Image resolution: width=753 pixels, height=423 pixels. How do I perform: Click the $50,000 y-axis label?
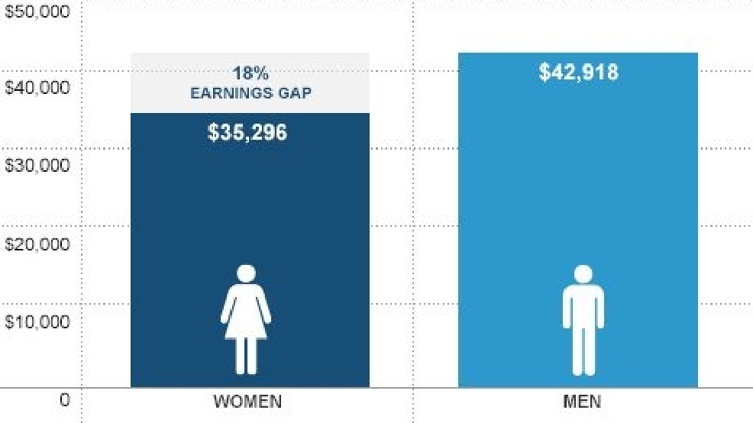pos(37,11)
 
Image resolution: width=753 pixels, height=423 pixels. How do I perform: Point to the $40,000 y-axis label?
pos(37,87)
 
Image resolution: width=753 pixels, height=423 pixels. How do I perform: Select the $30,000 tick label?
pos(37,165)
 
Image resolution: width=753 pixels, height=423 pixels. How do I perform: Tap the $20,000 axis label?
pos(37,244)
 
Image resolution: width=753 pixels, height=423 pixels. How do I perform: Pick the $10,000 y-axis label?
pos(37,321)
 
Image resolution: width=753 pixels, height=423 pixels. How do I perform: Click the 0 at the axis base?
pos(64,400)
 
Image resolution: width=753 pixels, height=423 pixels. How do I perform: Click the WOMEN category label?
pos(247,402)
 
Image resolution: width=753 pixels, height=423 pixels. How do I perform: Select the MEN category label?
pos(582,402)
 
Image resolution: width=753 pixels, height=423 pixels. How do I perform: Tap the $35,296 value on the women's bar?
pos(247,133)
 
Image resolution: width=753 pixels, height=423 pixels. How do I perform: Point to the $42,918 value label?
pos(579,72)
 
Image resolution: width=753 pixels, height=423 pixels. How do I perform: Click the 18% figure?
pos(250,73)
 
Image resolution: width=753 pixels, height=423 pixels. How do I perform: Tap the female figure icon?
pos(246,320)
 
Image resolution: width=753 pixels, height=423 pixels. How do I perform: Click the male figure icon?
pos(583,320)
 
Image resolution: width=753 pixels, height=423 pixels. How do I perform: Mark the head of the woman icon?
pos(246,273)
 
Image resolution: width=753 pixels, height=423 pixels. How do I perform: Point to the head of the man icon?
pos(583,274)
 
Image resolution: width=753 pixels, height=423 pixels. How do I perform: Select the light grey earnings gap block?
pos(250,83)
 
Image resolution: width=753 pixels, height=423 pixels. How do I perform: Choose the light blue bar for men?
pos(578,220)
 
